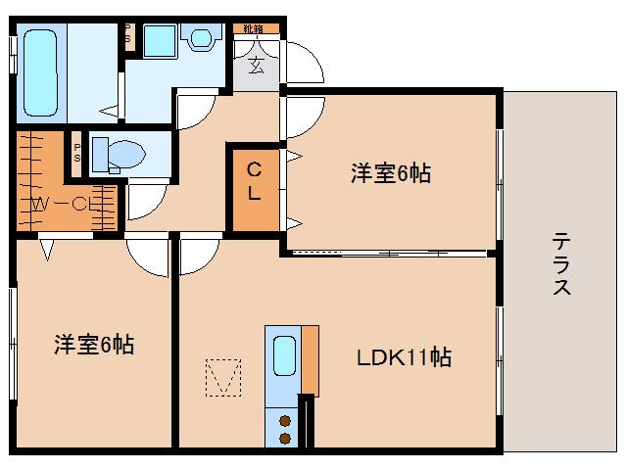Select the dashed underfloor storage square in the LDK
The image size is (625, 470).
click(222, 377)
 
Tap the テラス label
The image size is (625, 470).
click(561, 263)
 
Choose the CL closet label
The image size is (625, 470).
click(253, 180)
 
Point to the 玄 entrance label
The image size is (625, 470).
click(255, 66)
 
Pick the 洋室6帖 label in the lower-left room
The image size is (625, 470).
click(94, 345)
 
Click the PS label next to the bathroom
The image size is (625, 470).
click(126, 33)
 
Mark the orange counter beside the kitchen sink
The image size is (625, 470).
click(310, 358)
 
